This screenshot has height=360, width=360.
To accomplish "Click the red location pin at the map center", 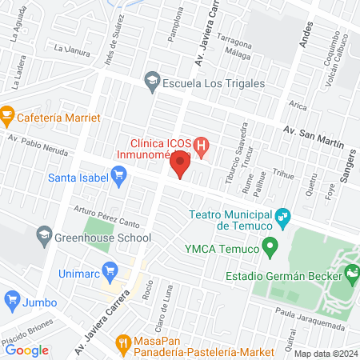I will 180,166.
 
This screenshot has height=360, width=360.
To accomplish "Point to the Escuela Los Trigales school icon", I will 150,80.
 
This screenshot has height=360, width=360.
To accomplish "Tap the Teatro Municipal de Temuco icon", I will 282,216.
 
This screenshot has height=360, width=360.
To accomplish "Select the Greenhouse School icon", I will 43,237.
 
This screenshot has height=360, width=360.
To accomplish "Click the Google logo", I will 27,350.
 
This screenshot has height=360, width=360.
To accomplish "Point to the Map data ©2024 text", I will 325,354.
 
